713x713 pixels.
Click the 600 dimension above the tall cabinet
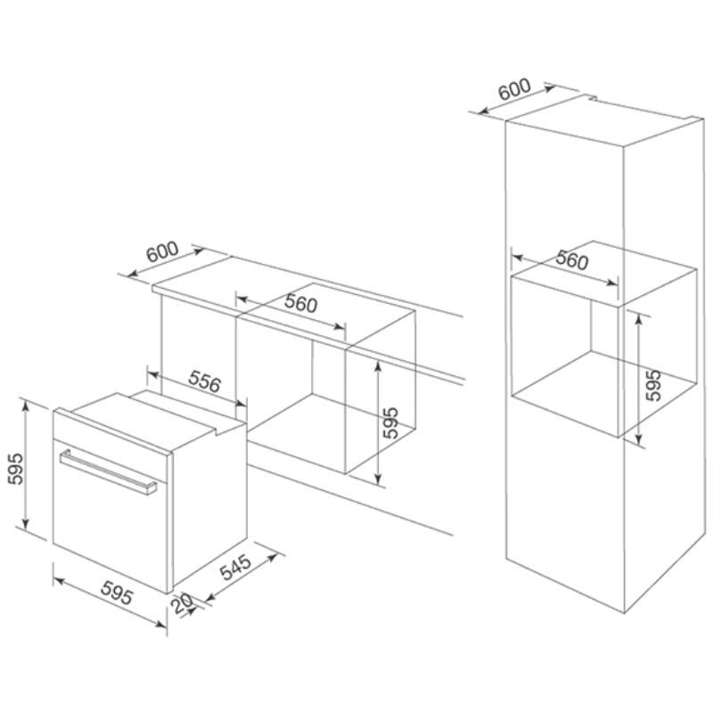(x=514, y=90)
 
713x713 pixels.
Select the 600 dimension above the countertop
(x=162, y=251)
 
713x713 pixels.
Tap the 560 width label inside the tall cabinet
(x=572, y=259)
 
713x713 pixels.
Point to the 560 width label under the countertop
(x=300, y=303)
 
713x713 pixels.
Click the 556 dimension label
(x=205, y=381)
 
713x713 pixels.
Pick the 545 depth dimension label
(x=235, y=567)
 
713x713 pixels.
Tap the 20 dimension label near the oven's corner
(x=182, y=604)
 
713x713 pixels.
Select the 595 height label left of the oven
(x=16, y=469)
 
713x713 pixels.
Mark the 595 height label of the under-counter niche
(x=390, y=422)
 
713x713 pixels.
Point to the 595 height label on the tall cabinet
(x=653, y=385)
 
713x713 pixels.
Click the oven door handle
(x=108, y=471)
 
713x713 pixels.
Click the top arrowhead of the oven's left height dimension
(x=26, y=405)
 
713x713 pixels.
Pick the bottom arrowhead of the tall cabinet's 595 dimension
(x=639, y=439)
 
